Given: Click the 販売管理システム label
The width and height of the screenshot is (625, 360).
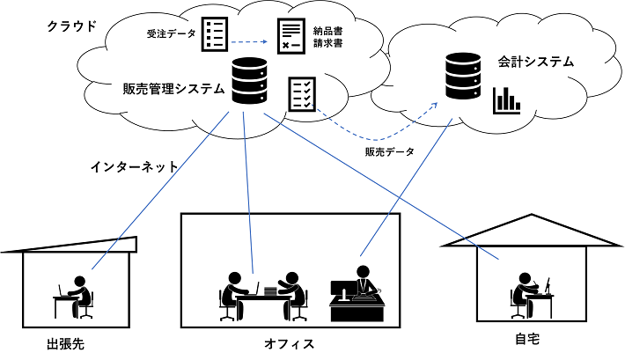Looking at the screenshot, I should pos(174,89).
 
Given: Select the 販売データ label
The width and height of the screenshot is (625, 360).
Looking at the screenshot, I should pos(389,151).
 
